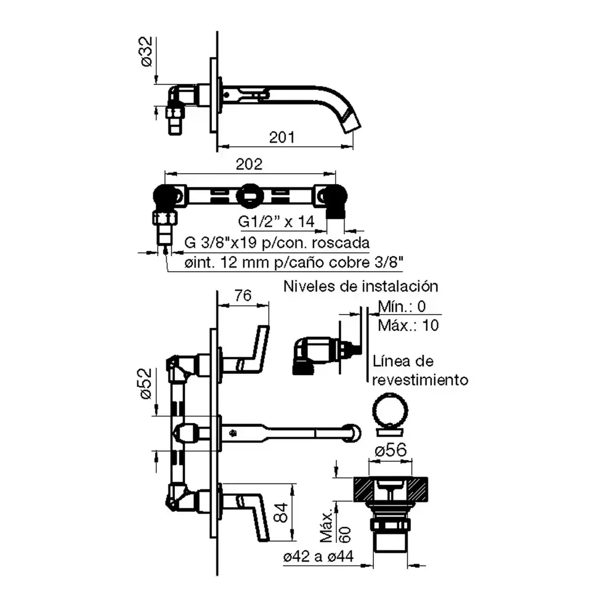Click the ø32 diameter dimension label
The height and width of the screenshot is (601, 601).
tap(146, 52)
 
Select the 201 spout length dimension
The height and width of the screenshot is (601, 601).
tap(282, 137)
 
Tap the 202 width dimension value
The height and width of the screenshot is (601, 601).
tap(249, 164)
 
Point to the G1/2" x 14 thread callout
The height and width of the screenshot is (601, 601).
tap(276, 221)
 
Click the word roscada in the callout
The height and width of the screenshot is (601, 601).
tap(341, 242)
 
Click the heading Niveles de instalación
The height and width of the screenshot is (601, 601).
tap(361, 286)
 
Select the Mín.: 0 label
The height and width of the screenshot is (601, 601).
tap(401, 306)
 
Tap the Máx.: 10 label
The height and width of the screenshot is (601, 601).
tap(408, 325)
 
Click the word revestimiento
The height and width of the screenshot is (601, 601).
tap(420, 380)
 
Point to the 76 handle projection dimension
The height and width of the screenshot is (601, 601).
tap(243, 296)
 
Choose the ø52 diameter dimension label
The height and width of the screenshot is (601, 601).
tap(146, 384)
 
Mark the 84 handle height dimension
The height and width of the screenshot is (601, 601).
tap(281, 512)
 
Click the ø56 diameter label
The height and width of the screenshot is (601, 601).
tap(390, 450)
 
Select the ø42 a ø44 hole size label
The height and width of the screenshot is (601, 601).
tap(318, 556)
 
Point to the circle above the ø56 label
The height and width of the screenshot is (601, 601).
tap(390, 410)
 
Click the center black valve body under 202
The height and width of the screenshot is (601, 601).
tap(249, 196)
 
